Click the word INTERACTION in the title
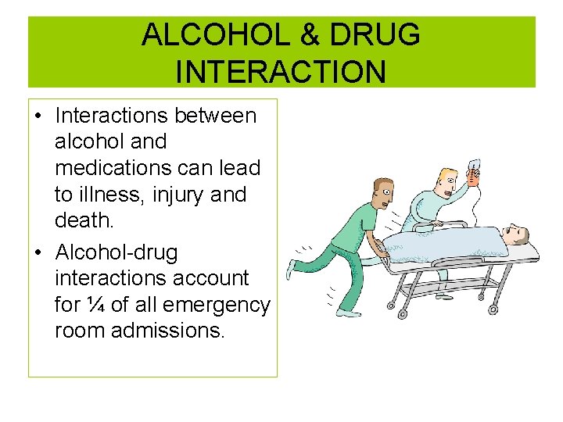(281, 72)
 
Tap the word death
(84, 221)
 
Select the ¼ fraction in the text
(95, 304)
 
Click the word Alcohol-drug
(117, 252)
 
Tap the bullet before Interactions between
(38, 116)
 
